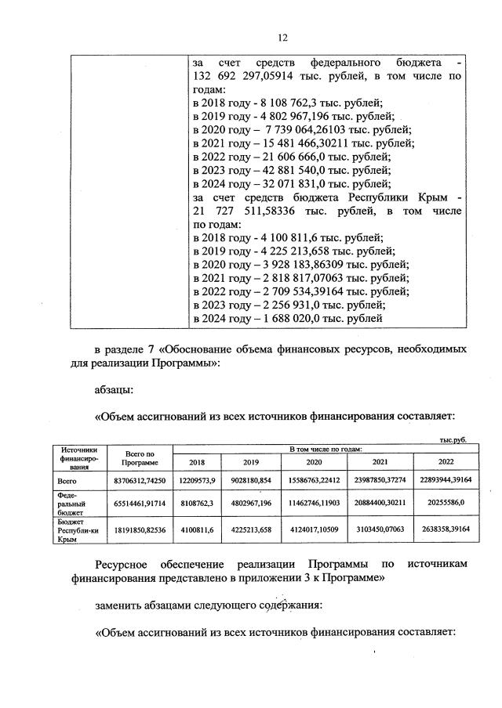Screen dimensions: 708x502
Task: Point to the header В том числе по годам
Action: coord(324,449)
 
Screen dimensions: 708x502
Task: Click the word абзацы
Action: coord(115,388)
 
